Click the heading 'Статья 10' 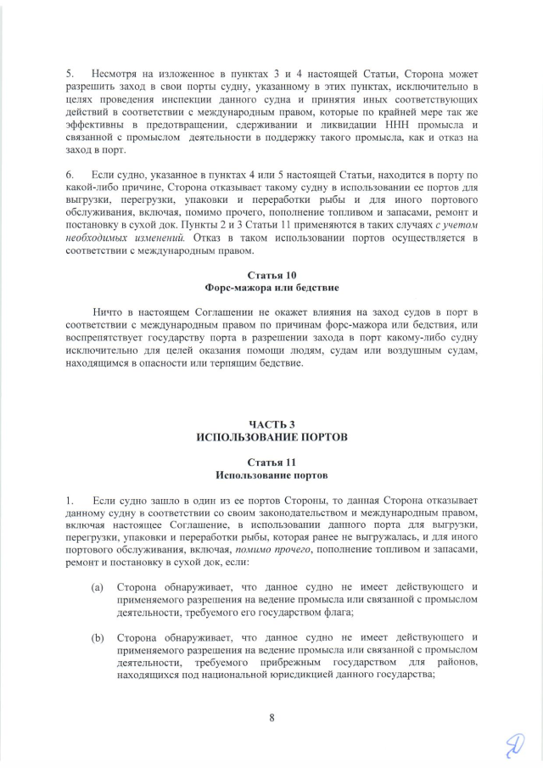[x=271, y=276]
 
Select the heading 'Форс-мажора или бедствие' [x=271, y=289]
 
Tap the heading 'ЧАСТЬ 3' [x=271, y=423]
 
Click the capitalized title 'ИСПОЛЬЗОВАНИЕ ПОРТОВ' [x=271, y=436]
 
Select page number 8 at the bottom [x=271, y=718]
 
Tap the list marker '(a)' [x=98, y=586]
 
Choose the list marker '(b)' [x=98, y=636]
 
